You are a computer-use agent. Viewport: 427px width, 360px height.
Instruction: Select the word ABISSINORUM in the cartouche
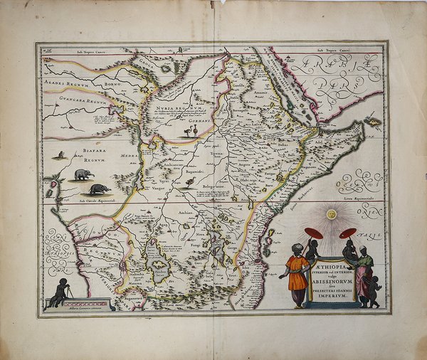tap(332, 279)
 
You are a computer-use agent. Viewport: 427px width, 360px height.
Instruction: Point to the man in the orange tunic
tap(297, 274)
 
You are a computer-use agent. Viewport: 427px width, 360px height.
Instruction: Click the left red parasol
tap(314, 233)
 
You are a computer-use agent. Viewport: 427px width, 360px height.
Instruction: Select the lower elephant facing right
tap(98, 189)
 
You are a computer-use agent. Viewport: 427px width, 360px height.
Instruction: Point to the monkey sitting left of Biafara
tap(62, 154)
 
